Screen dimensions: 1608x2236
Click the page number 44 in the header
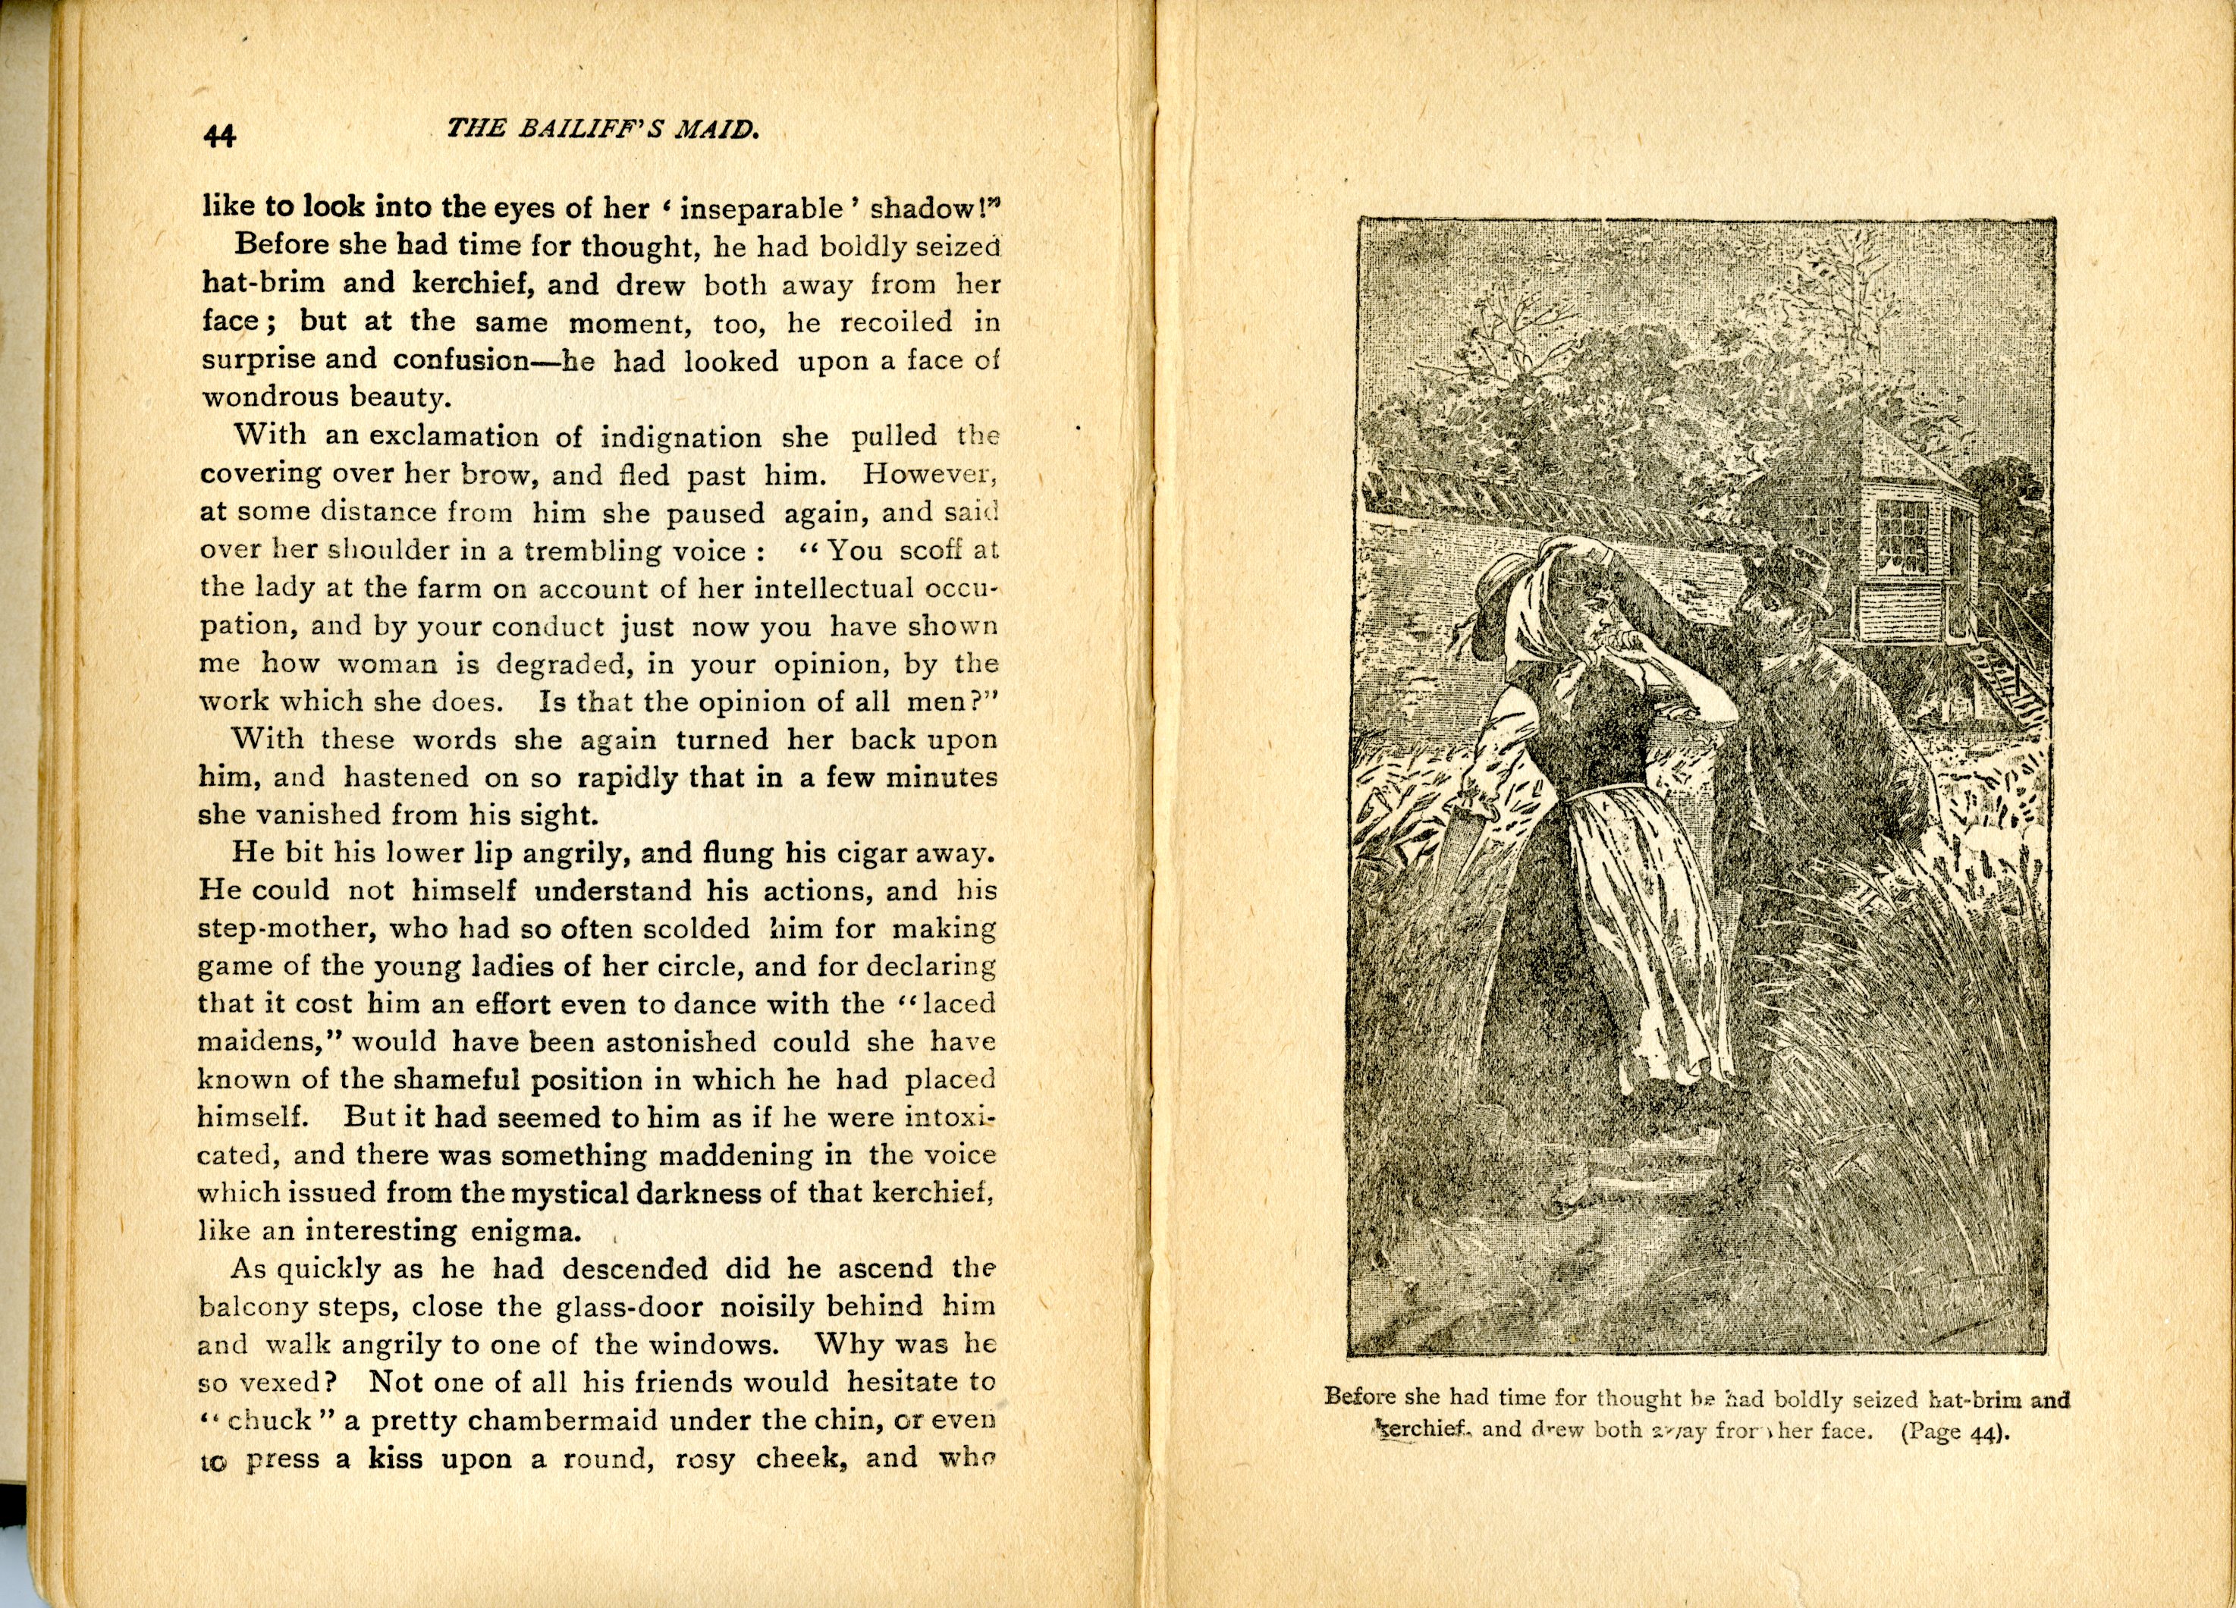coord(220,135)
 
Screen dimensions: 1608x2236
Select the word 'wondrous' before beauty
coord(266,397)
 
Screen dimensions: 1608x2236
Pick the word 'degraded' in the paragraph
coord(559,664)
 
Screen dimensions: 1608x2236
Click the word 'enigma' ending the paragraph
coord(529,1231)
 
